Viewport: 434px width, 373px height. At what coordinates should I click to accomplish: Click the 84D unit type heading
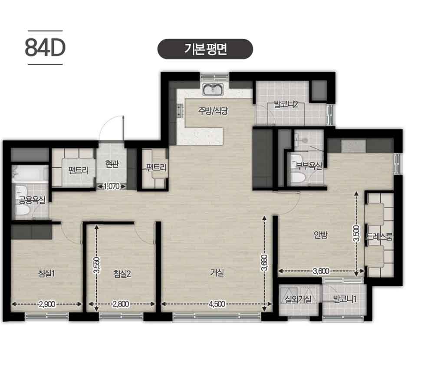coord(45,48)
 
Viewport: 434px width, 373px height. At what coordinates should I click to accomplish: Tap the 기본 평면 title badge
coord(205,49)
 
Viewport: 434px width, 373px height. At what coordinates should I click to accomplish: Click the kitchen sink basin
coord(213,89)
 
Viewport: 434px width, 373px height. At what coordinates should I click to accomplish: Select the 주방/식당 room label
coord(213,111)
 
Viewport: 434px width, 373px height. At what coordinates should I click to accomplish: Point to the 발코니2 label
coord(286,105)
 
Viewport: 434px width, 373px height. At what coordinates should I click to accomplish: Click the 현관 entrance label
coord(112,164)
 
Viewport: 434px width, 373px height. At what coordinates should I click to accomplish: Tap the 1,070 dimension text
coord(112,186)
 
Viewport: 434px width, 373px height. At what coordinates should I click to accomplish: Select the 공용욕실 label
coord(32,200)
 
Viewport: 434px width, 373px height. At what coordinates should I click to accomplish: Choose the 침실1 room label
coord(46,273)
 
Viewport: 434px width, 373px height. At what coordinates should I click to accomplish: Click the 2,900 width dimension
coord(47,304)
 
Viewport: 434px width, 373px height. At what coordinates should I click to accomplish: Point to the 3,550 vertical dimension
coord(97,265)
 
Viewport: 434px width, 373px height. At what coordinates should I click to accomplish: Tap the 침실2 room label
coord(122,274)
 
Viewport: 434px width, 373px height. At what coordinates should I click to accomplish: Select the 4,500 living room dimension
coord(217,304)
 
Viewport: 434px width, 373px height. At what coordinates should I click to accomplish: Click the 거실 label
coord(217,273)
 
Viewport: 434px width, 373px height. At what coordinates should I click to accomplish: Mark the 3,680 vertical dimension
coord(264,262)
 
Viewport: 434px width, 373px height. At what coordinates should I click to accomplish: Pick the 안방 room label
coord(321,235)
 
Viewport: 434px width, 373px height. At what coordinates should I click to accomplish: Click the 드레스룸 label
coord(379,237)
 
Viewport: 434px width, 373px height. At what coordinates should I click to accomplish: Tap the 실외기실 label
coord(299,299)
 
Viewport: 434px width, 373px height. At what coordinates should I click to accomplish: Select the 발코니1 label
coord(345,299)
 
